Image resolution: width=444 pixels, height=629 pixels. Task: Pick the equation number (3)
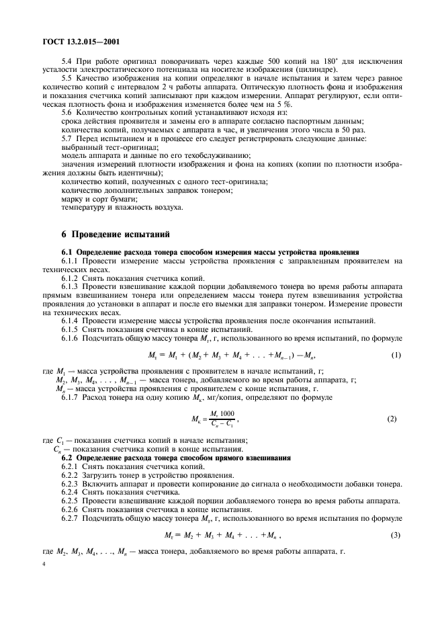396,535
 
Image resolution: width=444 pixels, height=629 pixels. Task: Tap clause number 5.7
68,138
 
